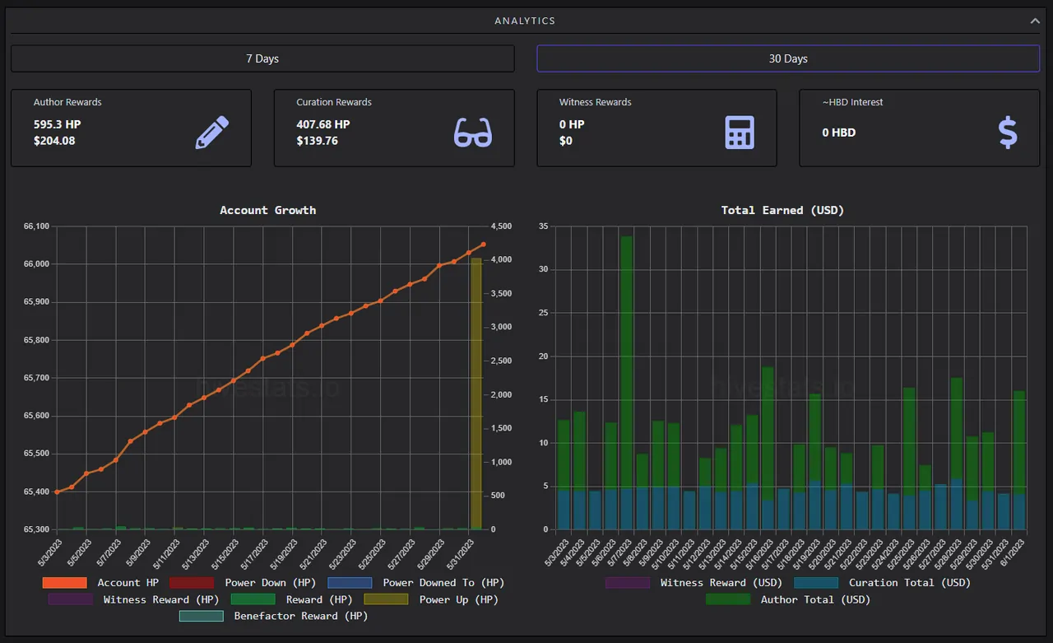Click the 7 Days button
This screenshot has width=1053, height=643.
(x=262, y=58)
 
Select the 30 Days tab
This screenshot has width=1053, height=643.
(x=788, y=58)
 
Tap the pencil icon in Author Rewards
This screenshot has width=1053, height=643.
(x=212, y=133)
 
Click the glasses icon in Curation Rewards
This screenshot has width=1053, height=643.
(x=473, y=133)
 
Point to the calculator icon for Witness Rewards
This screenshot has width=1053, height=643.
(x=740, y=133)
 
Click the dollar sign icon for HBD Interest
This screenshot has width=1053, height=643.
(x=1008, y=133)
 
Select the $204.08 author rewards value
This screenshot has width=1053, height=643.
(x=54, y=141)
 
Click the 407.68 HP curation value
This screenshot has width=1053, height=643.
(x=323, y=124)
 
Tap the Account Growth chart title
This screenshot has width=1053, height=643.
(x=268, y=210)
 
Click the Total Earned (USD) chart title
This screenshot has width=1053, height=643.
(x=782, y=210)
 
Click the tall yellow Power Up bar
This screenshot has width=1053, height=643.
(x=476, y=394)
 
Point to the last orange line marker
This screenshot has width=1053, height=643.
(x=483, y=245)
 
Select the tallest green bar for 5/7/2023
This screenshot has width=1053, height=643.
(x=627, y=362)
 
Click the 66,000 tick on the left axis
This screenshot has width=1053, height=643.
(x=36, y=264)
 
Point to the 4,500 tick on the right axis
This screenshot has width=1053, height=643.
(x=501, y=226)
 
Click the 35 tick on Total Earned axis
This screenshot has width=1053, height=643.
(x=544, y=226)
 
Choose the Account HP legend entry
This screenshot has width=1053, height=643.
(x=100, y=583)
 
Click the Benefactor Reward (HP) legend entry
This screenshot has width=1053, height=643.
(x=274, y=616)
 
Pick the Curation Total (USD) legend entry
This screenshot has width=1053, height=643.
(x=883, y=583)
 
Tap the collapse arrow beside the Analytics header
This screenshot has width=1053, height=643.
(x=1035, y=21)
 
